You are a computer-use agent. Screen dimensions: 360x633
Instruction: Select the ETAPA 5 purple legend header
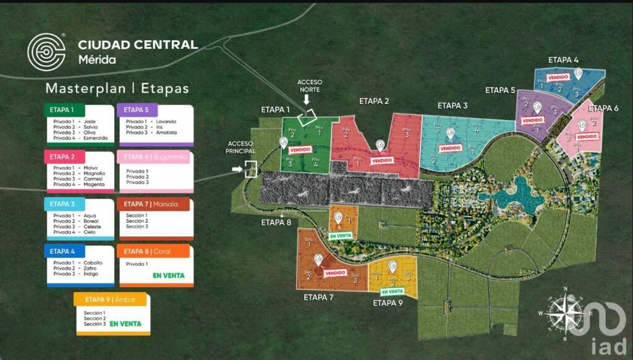point(155,110)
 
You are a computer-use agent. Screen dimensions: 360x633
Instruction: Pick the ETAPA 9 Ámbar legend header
point(112,300)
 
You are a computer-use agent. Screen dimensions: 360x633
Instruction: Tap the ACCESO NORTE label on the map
point(308,85)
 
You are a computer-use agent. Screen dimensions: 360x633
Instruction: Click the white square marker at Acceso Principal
point(250,169)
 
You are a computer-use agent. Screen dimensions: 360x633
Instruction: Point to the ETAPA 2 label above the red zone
point(374,101)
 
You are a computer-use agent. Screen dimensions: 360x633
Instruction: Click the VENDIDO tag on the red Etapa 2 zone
point(382,160)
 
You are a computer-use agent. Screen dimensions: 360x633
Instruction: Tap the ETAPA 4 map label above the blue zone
point(563,60)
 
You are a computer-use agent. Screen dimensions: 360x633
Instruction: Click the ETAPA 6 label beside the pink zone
point(603,108)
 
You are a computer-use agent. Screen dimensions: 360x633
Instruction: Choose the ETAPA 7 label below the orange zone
point(318,298)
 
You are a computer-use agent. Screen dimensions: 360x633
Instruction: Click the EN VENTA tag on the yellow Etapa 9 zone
point(392,291)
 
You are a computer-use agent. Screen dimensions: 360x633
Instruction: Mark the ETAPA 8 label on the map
point(276,223)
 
